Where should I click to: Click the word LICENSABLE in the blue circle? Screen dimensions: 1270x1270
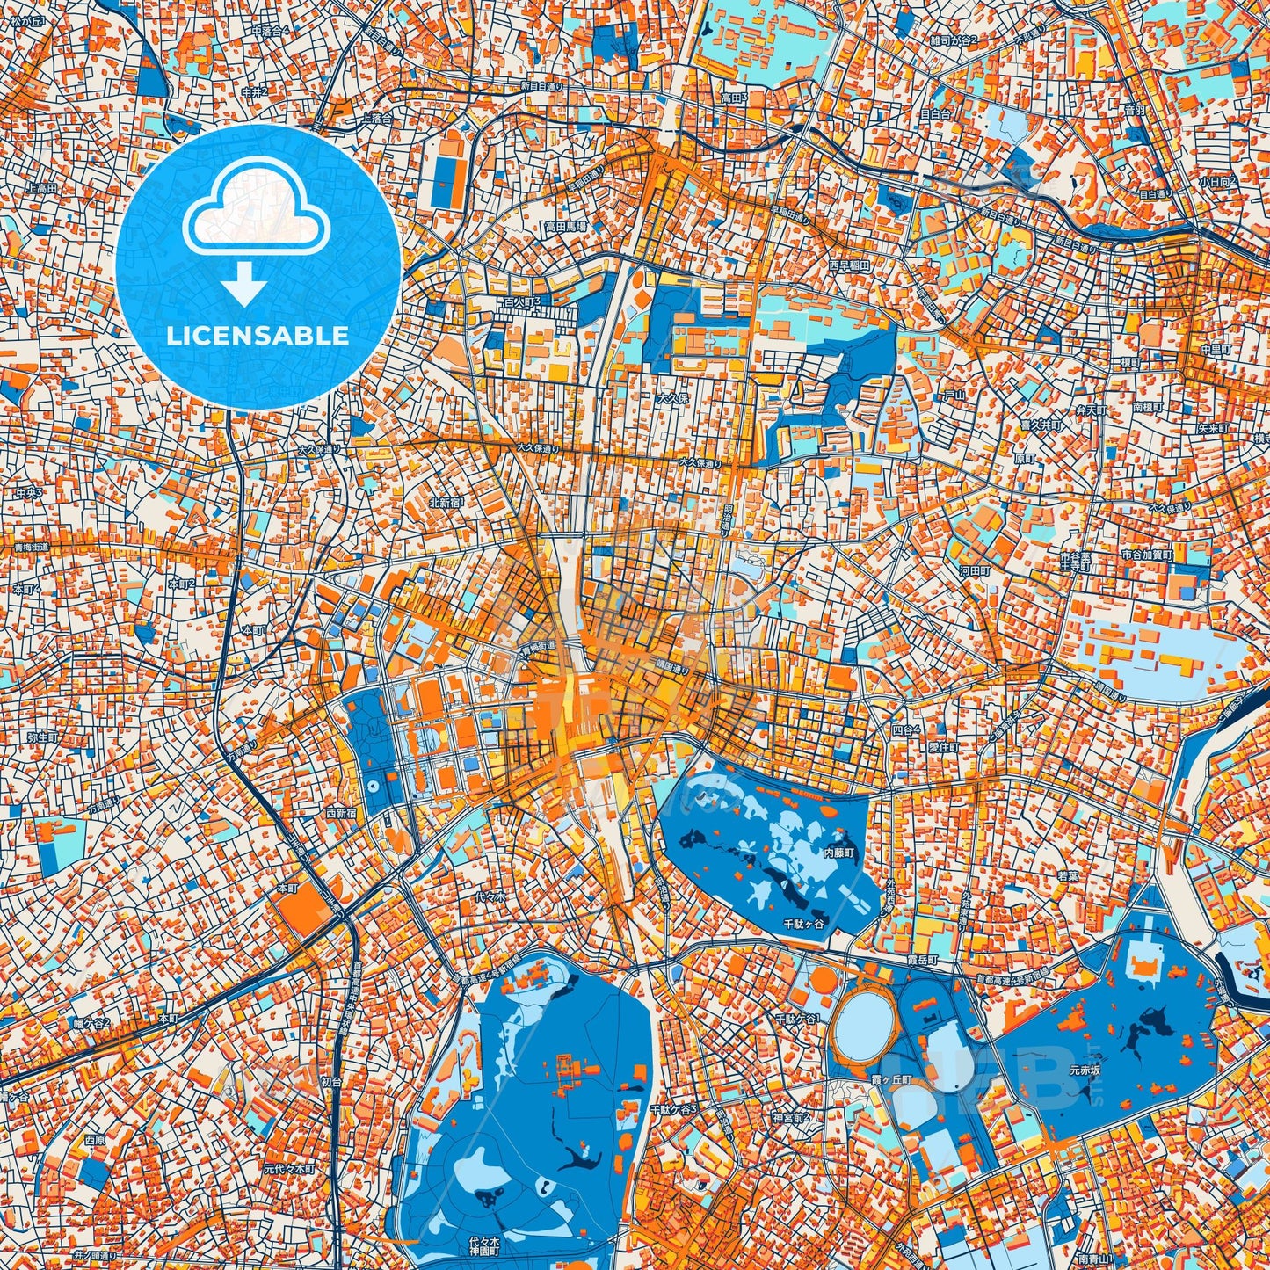point(258,336)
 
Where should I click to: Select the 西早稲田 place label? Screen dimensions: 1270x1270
point(849,264)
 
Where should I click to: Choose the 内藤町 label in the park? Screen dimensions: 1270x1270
point(839,853)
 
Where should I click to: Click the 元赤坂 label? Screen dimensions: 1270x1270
point(1085,1071)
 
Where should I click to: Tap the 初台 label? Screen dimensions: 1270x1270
point(332,1082)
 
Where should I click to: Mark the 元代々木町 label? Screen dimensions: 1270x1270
point(290,1170)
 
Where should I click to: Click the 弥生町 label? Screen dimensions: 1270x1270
point(41,737)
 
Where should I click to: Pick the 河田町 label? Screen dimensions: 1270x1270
point(975,570)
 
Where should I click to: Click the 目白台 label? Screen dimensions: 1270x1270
point(936,113)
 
